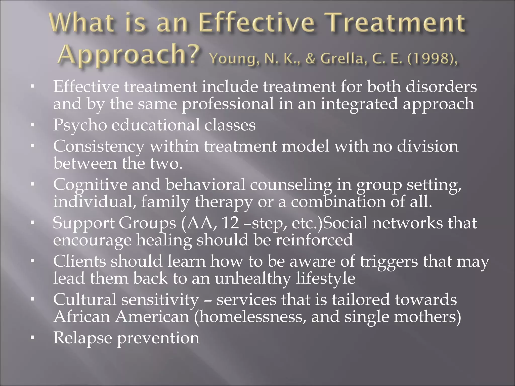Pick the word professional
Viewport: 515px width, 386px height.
coord(228,104)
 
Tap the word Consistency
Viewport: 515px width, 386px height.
coord(99,147)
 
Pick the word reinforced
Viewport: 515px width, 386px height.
coord(314,240)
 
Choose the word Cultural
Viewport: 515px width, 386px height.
coord(85,300)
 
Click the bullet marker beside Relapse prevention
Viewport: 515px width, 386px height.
coord(32,338)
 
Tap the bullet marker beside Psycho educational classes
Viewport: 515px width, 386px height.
coord(32,125)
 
